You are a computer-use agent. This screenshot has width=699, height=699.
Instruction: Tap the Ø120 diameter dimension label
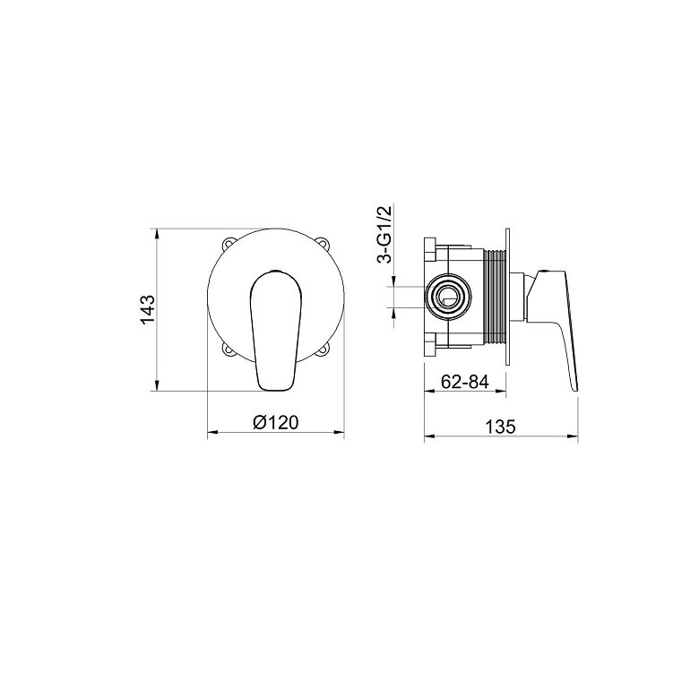[x=275, y=422]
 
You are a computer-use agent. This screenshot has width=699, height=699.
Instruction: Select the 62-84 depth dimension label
[x=465, y=382]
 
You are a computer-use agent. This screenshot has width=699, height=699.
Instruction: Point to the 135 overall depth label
[x=500, y=427]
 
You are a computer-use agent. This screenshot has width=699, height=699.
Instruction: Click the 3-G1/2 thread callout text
[x=384, y=235]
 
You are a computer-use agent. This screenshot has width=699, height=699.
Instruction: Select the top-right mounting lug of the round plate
[x=324, y=244]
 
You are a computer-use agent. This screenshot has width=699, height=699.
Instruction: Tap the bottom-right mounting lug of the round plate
[x=324, y=349]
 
